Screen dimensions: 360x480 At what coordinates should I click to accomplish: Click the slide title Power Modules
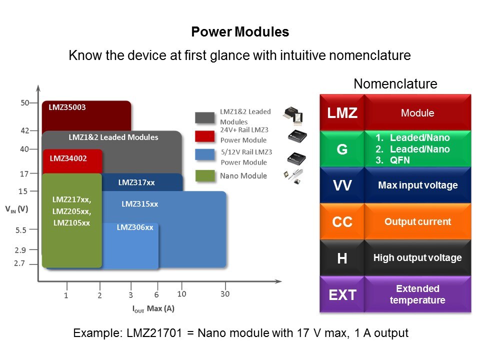[240, 32]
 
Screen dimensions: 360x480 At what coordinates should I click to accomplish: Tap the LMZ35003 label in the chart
[67, 107]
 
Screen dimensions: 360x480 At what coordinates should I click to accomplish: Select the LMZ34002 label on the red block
[68, 158]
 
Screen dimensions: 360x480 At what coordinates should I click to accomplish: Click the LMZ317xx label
[136, 182]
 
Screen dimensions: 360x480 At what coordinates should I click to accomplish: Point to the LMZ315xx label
[139, 204]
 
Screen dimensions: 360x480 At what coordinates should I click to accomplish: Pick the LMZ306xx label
[134, 227]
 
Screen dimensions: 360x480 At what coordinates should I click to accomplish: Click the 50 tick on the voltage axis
[24, 103]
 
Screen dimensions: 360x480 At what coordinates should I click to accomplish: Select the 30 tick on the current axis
[225, 294]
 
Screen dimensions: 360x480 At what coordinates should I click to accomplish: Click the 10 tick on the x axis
[181, 294]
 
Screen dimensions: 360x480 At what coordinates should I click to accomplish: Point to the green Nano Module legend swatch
[205, 176]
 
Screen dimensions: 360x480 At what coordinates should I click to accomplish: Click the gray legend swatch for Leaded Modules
[205, 117]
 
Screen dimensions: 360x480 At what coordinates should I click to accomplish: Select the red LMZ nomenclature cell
[342, 112]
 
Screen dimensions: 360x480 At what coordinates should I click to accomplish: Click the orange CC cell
[342, 221]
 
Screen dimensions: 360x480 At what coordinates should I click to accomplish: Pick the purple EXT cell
[342, 295]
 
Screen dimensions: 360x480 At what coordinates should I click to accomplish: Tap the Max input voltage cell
[417, 185]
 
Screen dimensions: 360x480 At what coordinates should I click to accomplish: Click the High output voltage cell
[417, 258]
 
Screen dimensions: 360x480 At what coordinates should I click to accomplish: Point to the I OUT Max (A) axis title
[153, 308]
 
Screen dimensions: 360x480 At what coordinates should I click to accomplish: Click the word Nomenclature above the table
[395, 84]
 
